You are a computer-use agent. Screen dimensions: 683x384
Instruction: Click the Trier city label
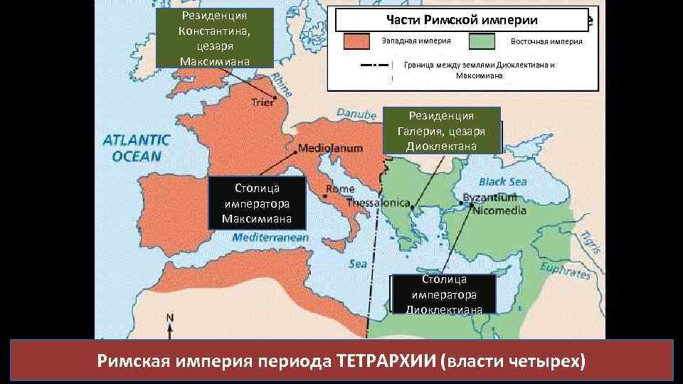tap(263, 102)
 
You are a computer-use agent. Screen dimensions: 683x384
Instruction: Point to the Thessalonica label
tap(378, 203)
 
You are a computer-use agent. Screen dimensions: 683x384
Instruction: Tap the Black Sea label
tap(503, 181)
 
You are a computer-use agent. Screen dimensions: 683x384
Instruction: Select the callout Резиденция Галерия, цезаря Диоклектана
tap(441, 130)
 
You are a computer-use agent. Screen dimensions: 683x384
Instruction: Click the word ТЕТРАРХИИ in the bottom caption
tap(383, 361)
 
